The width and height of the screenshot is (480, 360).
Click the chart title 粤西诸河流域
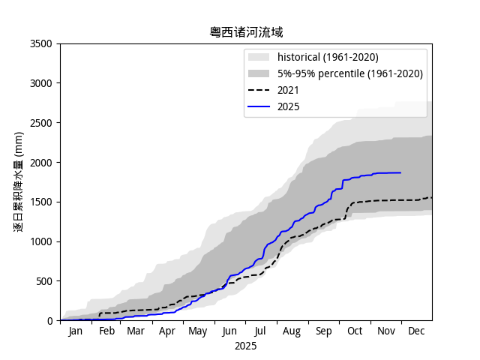tap(246, 32)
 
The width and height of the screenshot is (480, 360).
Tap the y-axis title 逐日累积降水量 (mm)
tap(19, 181)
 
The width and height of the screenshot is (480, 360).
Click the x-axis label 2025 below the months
tap(245, 346)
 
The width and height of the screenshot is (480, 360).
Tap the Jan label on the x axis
tap(76, 331)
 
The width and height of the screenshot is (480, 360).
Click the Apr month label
tap(167, 331)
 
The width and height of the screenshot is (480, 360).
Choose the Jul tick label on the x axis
tap(260, 331)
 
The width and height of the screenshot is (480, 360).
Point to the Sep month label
tap(323, 331)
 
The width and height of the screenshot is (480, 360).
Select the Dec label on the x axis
tap(415, 331)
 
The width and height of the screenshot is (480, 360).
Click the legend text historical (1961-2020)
tap(328, 57)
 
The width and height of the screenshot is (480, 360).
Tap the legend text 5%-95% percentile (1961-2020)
tap(350, 73)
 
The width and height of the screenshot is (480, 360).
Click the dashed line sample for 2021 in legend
tap(259, 90)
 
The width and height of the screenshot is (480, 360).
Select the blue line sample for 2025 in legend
tap(259, 106)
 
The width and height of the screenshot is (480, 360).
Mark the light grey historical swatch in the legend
tap(259, 57)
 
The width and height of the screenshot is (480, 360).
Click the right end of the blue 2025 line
tap(400, 172)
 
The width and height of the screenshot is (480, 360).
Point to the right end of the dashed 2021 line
tap(431, 197)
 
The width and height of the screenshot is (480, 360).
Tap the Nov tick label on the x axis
tap(385, 331)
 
